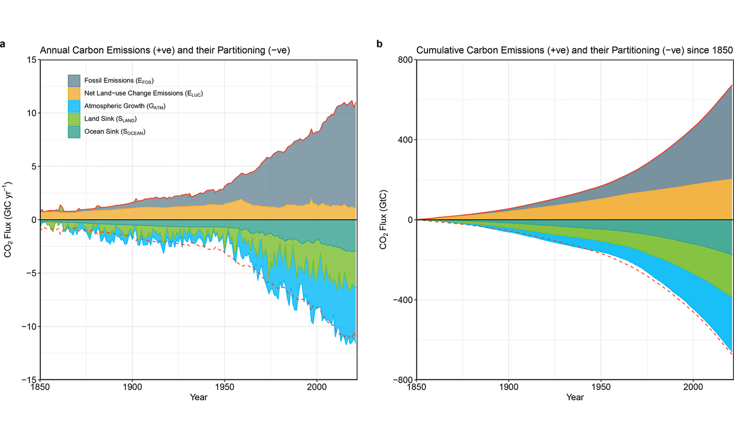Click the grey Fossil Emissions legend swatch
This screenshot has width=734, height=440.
(x=74, y=81)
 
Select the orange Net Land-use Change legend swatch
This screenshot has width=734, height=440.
(x=74, y=94)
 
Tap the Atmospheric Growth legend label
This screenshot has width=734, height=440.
(x=125, y=107)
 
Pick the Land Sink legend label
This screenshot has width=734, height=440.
(x=111, y=119)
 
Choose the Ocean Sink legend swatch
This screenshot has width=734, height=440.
(x=74, y=132)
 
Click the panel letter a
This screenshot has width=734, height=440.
(x=3, y=44)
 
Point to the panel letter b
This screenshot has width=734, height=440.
(x=379, y=44)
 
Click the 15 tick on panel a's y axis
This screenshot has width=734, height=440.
(x=32, y=60)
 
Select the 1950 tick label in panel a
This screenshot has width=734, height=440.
(x=224, y=387)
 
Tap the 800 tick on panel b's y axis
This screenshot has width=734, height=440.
(x=405, y=60)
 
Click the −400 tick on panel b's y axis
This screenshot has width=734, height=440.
(x=402, y=300)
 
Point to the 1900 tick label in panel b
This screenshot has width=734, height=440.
(x=509, y=387)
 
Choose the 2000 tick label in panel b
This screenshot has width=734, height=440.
(x=693, y=387)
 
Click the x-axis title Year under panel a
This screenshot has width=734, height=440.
(x=198, y=397)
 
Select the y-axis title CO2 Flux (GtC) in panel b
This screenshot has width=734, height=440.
(x=384, y=220)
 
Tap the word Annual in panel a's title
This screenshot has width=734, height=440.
(x=55, y=50)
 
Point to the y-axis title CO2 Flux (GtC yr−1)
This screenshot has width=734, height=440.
(x=8, y=220)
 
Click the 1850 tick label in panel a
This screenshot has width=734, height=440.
(x=40, y=387)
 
